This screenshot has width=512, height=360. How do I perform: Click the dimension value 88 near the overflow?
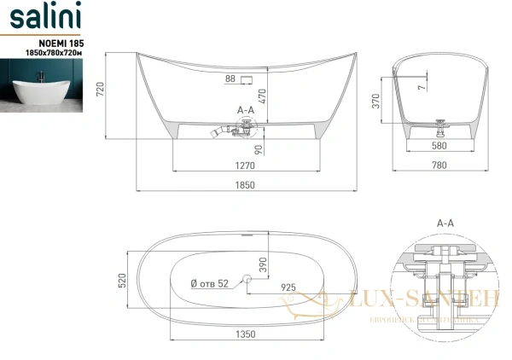tap(229, 79)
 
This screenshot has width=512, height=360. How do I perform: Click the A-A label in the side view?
tap(245, 110)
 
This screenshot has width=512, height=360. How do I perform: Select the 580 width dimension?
tap(439, 145)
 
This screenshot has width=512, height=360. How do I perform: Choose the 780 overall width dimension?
tap(439, 167)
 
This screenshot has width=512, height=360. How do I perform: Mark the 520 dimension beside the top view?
tap(122, 279)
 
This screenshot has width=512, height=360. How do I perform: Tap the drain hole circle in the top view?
tap(247, 278)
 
